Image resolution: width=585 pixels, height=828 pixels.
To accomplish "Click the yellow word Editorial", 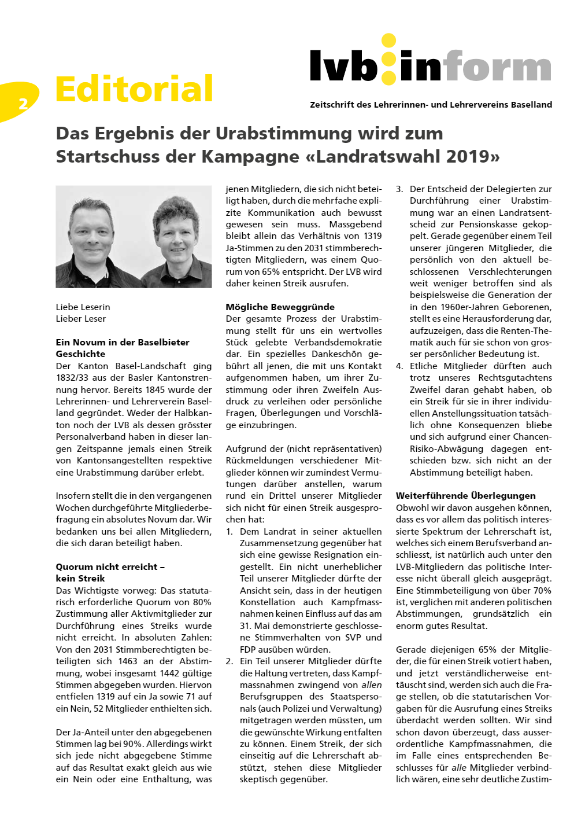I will [x=134, y=89].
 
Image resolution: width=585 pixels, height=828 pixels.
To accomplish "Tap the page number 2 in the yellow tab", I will [x=23, y=104].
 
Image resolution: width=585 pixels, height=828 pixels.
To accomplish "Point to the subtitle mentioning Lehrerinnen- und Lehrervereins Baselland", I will [x=431, y=105].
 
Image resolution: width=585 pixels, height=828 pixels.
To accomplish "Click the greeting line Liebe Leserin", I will [x=83, y=307].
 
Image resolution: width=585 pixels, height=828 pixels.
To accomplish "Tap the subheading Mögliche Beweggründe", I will [x=280, y=307].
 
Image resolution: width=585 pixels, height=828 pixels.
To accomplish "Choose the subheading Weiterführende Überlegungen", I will [x=465, y=495].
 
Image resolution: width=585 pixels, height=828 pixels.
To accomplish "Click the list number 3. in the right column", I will [x=399, y=189].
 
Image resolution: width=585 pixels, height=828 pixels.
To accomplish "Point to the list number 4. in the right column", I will [x=399, y=366].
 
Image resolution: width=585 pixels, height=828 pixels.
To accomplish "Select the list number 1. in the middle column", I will [x=229, y=531].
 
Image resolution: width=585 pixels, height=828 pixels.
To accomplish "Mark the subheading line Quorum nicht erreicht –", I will [x=110, y=566].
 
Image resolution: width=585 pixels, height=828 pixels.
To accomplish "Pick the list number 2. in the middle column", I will [x=229, y=661].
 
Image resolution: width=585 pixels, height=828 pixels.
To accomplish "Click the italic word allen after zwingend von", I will [x=371, y=685].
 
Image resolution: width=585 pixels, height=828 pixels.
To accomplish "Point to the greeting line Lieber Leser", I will [x=80, y=319].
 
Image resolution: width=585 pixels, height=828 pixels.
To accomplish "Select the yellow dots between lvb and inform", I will [x=388, y=58].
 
